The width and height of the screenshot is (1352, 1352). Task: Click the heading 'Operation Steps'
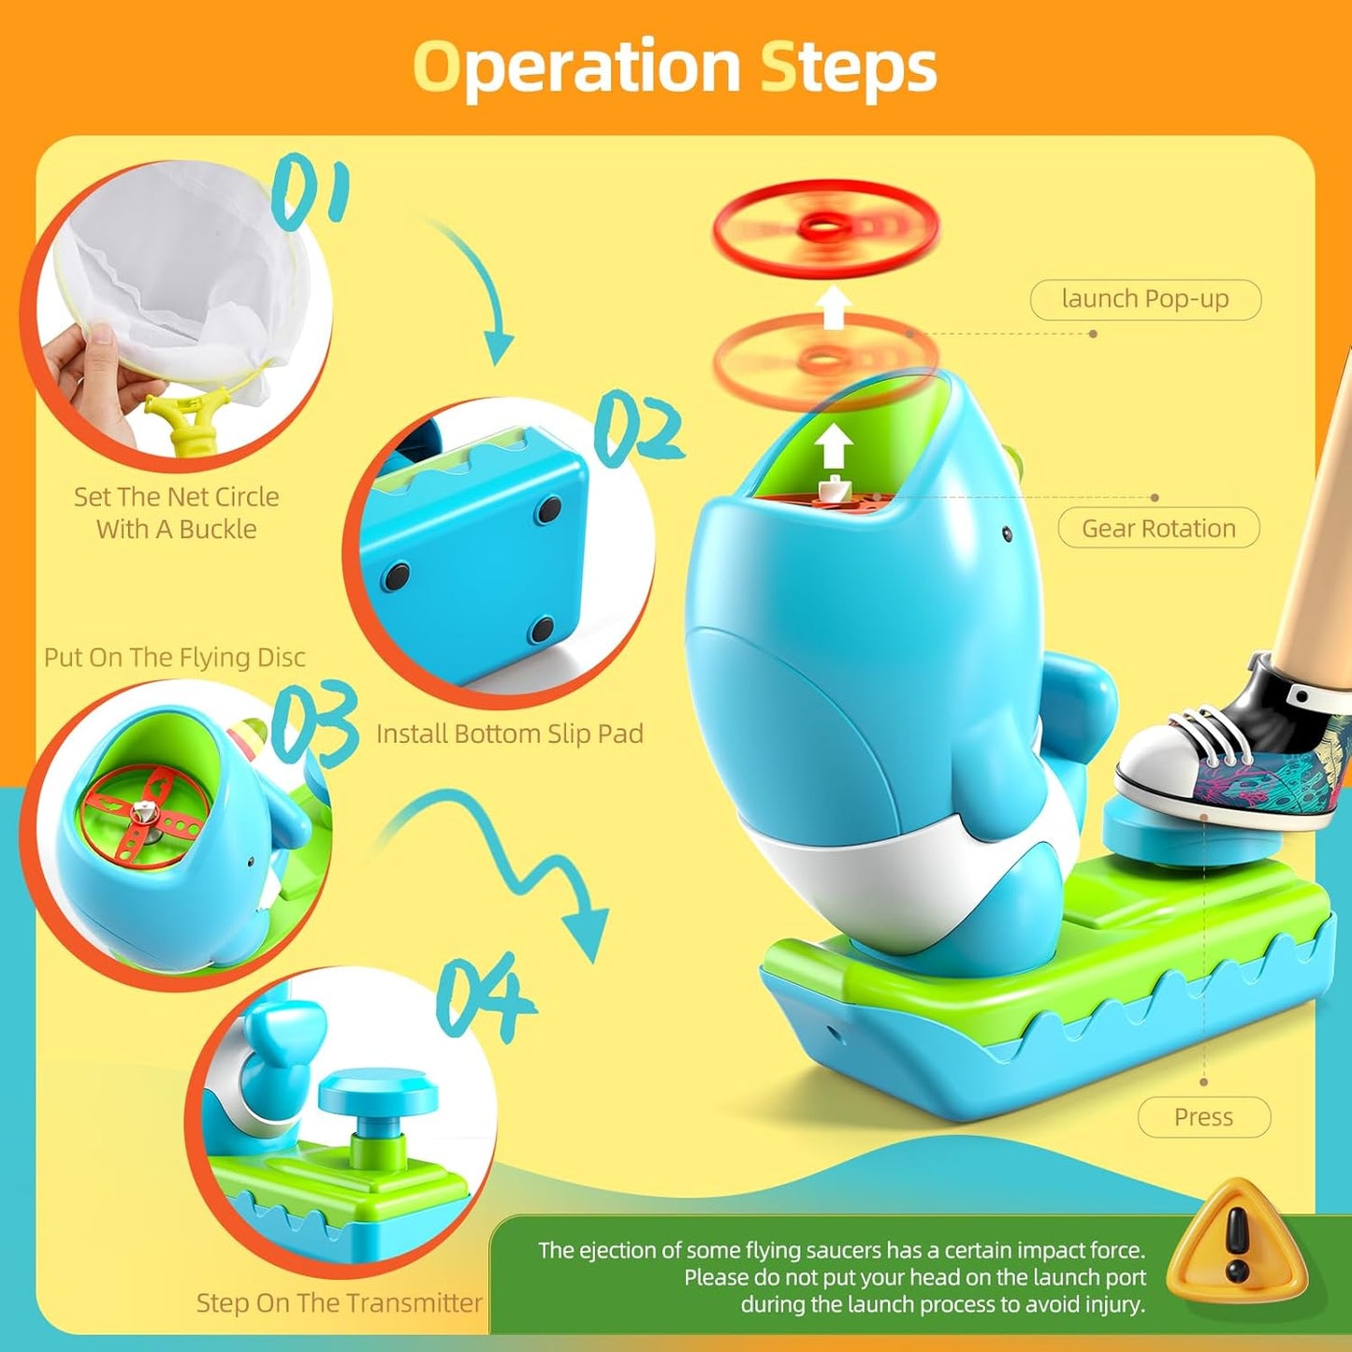(x=675, y=67)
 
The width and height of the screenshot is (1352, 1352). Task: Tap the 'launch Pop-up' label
(x=1145, y=299)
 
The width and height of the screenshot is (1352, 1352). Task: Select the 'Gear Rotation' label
(x=1158, y=529)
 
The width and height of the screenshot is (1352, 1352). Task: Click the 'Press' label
(x=1203, y=1117)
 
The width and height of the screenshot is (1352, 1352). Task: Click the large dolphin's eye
(x=1007, y=533)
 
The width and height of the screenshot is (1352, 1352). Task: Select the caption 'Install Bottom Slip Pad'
(x=510, y=734)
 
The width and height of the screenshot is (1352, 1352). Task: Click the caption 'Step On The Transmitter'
(x=339, y=1302)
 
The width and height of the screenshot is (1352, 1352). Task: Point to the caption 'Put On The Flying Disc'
(x=175, y=658)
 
